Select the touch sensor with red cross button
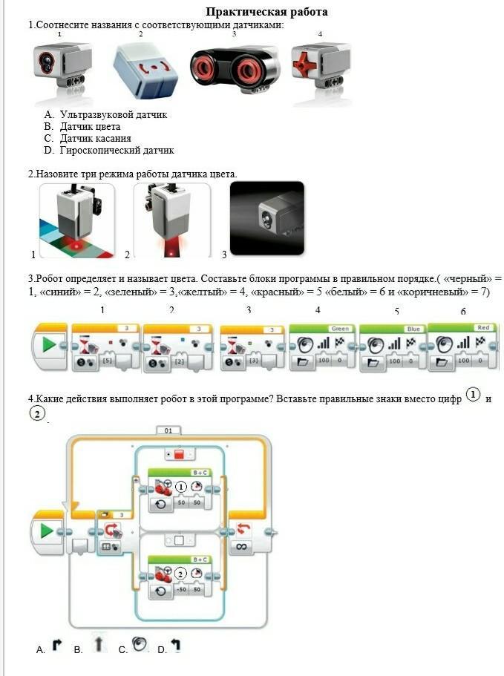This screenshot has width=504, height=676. tap(321, 67)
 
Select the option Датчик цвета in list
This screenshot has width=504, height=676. tap(90, 127)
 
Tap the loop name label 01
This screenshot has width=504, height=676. tap(169, 430)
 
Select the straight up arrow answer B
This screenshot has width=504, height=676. tap(99, 644)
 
